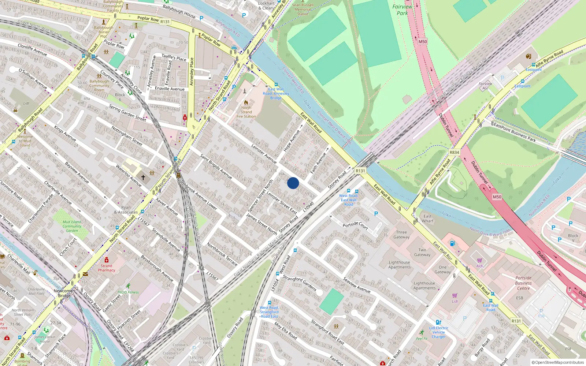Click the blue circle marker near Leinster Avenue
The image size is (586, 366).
click(293, 183)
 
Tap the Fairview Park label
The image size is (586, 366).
click(402, 10)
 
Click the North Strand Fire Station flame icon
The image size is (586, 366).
click(246, 102)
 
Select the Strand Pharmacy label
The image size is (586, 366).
click(107, 268)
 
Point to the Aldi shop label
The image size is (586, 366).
click(480, 266)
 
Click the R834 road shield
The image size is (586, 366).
click(454, 152)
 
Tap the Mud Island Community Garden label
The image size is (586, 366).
click(72, 226)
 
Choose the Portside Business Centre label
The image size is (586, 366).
click(523, 283)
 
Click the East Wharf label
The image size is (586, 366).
click(427, 219)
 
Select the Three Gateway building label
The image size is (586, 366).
click(401, 235)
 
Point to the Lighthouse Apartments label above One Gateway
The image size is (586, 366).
click(400, 265)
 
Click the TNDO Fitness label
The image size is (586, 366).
click(128, 292)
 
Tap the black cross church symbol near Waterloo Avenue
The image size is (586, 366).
click(143, 177)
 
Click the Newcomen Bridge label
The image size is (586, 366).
click(64, 293)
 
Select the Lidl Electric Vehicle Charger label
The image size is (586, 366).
click(438, 332)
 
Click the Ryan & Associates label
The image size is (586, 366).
click(126, 210)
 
